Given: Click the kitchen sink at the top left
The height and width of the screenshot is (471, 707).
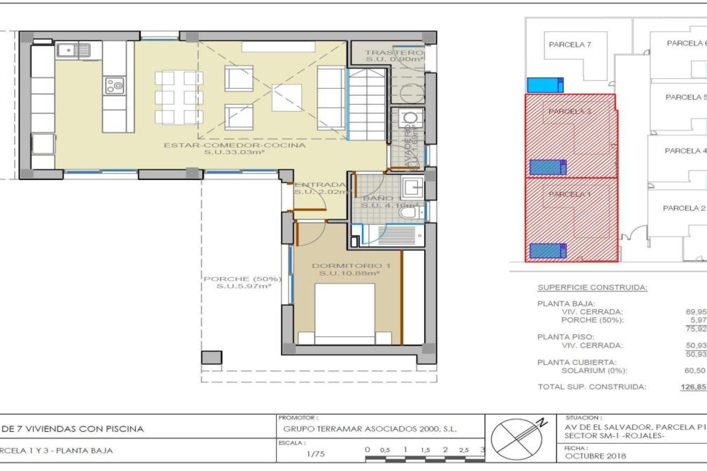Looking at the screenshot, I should tap(73, 50).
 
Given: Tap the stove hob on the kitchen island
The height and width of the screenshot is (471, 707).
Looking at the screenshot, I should tap(115, 86).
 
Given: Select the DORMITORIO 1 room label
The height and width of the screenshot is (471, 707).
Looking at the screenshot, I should tap(351, 266).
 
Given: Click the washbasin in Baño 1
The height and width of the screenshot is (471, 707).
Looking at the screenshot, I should tap(413, 188).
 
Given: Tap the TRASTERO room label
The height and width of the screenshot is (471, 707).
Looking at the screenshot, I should tap(394, 53).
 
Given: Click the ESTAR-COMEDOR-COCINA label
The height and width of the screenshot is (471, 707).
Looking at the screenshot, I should tap(235, 145).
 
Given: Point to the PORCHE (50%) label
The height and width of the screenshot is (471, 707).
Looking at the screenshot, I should tap(242, 279).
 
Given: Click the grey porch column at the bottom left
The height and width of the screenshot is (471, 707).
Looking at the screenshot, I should tap(211, 357).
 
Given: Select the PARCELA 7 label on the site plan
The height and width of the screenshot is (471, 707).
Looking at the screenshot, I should tap(570, 45).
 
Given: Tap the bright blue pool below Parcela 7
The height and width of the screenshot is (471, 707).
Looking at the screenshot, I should tap(545, 85).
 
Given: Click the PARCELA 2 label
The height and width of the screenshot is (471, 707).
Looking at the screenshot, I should tap(684, 208).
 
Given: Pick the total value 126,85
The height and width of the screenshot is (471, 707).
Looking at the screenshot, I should tap(693, 387).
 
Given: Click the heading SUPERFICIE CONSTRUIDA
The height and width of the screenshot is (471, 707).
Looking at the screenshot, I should tap(592, 287).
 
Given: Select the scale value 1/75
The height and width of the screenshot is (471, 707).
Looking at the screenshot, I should tap(315, 454).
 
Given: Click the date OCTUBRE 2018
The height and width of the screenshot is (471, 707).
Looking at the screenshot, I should tap(595, 456).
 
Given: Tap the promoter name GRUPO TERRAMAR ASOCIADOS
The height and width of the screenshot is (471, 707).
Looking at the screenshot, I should tap(370, 429).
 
